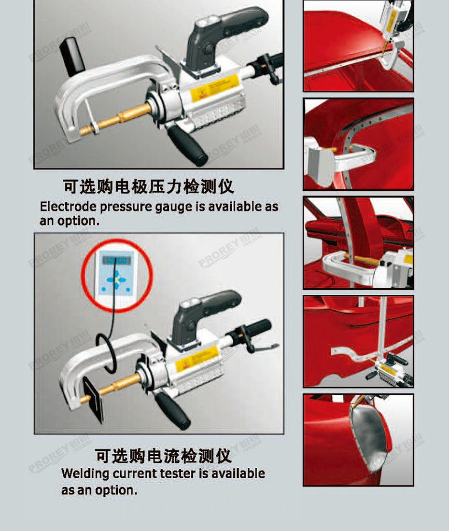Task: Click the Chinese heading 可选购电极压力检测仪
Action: (x=148, y=186)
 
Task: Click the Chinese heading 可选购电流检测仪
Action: (x=163, y=455)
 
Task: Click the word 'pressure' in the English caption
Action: (x=127, y=207)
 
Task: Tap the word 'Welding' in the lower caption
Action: (x=85, y=474)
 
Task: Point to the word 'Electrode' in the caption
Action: (x=68, y=207)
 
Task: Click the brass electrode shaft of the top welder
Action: (x=121, y=118)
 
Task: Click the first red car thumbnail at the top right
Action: (x=358, y=46)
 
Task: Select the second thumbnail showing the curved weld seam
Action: (x=358, y=144)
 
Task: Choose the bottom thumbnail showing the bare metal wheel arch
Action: (x=358, y=440)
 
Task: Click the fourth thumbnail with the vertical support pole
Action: (x=358, y=341)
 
